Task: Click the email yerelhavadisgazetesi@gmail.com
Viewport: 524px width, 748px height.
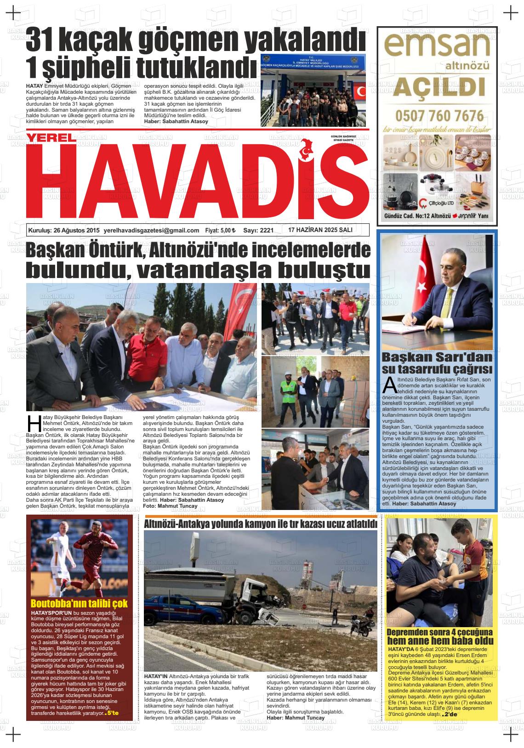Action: pos(152,230)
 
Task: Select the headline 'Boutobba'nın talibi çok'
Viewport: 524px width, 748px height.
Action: pos(79,603)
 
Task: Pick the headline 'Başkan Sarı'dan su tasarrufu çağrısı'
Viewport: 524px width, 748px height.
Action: pos(437,363)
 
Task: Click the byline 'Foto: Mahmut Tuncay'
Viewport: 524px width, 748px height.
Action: pos(170,506)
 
